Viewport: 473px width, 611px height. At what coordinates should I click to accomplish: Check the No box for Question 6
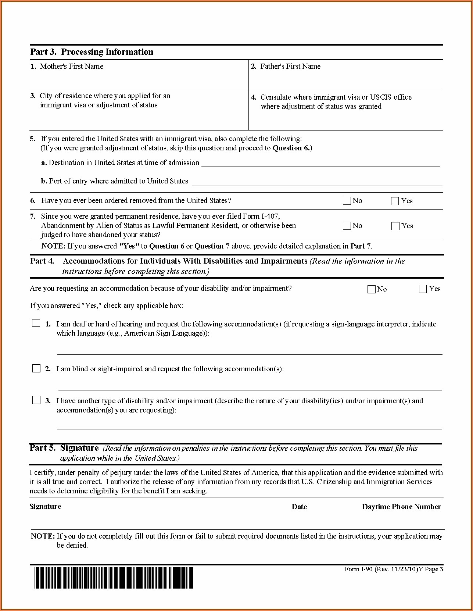347,201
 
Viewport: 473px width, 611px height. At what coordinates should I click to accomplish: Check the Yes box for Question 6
395,201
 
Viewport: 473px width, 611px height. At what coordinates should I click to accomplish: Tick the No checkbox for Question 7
347,226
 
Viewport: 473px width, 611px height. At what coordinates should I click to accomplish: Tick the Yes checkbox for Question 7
395,226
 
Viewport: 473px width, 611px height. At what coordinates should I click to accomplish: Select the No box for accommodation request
372,289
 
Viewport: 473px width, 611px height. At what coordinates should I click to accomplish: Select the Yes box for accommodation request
423,289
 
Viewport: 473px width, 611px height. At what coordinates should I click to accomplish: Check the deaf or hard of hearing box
36,324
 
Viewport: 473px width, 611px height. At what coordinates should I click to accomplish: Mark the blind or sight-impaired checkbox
36,368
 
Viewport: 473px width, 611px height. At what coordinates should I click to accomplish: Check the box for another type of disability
36,400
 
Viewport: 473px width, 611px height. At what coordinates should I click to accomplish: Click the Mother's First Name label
71,67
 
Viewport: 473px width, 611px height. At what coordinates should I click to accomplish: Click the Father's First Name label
290,67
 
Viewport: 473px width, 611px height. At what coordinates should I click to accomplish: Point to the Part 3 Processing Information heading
92,52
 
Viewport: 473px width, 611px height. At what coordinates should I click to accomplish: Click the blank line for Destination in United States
320,164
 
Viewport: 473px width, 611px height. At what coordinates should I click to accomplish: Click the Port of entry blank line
317,183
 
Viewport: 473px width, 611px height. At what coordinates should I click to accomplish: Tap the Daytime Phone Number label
401,507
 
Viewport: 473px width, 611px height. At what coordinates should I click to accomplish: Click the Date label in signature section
299,507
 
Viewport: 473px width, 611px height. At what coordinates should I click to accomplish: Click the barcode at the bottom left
114,578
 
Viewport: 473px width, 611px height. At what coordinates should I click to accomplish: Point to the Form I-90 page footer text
394,569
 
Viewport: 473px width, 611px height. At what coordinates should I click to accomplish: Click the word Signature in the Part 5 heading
79,448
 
